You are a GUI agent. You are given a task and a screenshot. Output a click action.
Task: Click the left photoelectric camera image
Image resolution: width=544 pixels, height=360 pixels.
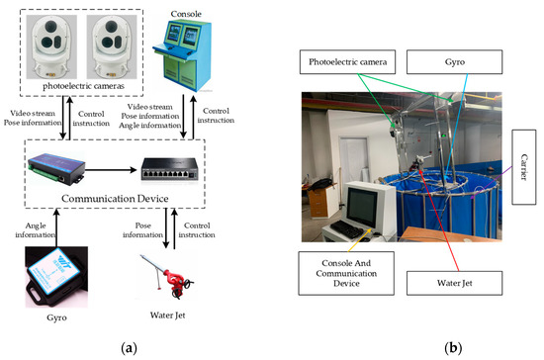(x=50, y=45)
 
